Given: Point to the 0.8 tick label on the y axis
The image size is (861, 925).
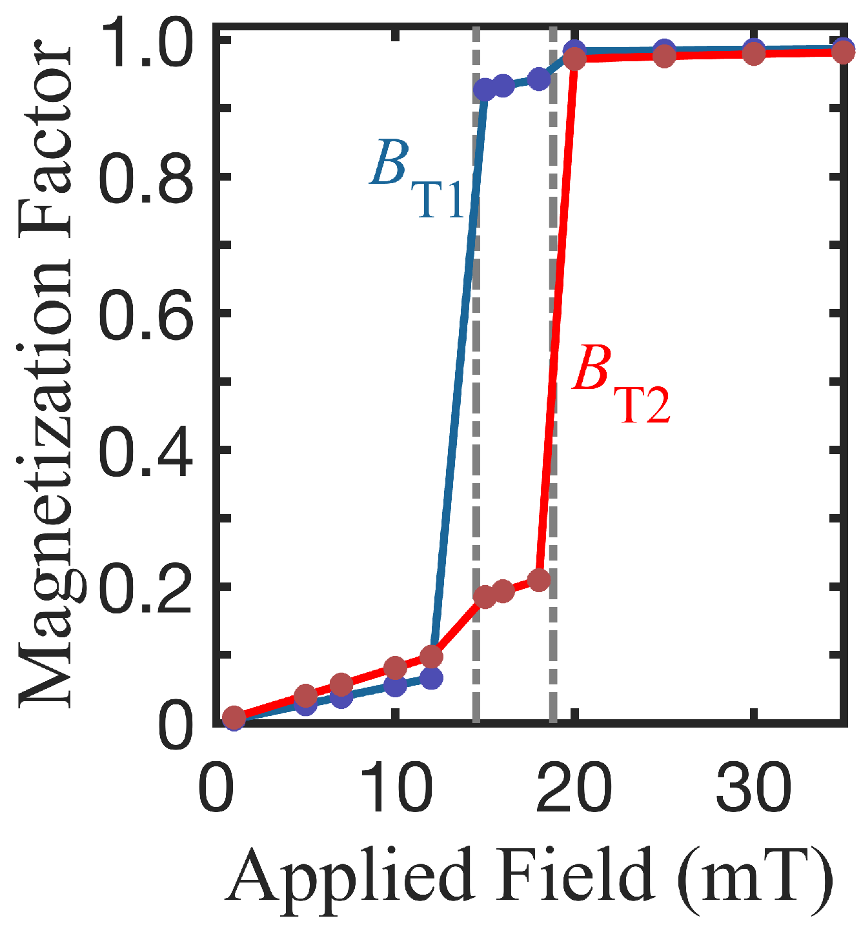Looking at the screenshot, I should (147, 175).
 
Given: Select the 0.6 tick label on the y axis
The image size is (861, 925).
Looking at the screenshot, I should (147, 312).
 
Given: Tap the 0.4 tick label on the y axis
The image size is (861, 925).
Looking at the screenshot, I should (147, 449).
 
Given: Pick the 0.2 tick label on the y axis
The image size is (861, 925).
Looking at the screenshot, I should (147, 586).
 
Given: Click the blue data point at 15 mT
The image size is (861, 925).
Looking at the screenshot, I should (484, 90).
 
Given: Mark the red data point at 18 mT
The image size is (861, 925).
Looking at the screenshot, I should (538, 580).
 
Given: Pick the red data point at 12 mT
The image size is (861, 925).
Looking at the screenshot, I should (431, 657).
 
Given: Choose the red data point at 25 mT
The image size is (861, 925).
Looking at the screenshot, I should (663, 57).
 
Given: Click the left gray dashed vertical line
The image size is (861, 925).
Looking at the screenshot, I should (476, 387).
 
